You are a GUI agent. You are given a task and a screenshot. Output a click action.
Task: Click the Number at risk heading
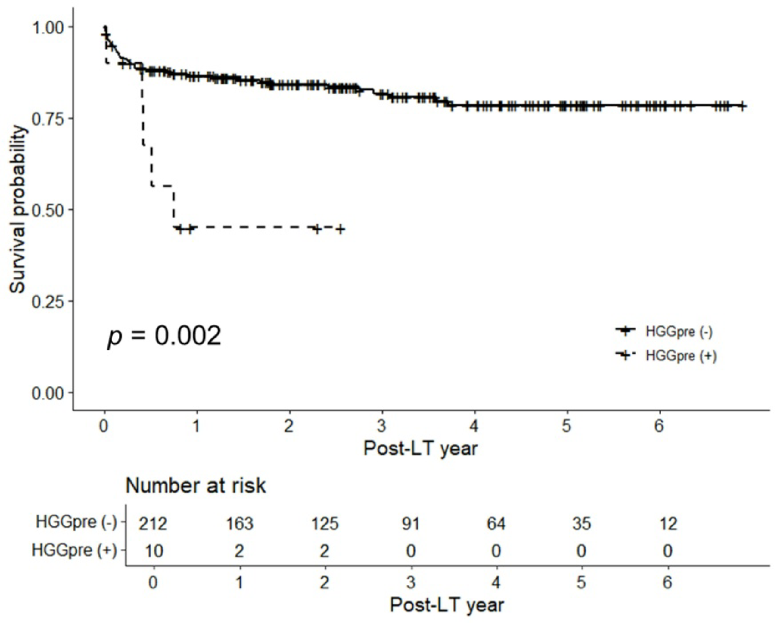pos(196,486)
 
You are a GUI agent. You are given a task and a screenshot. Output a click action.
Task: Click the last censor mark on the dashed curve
pos(340,229)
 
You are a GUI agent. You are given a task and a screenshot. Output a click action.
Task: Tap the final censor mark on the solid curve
pos(742,106)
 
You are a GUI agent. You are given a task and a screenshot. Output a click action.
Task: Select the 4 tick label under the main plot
pos(475,423)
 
